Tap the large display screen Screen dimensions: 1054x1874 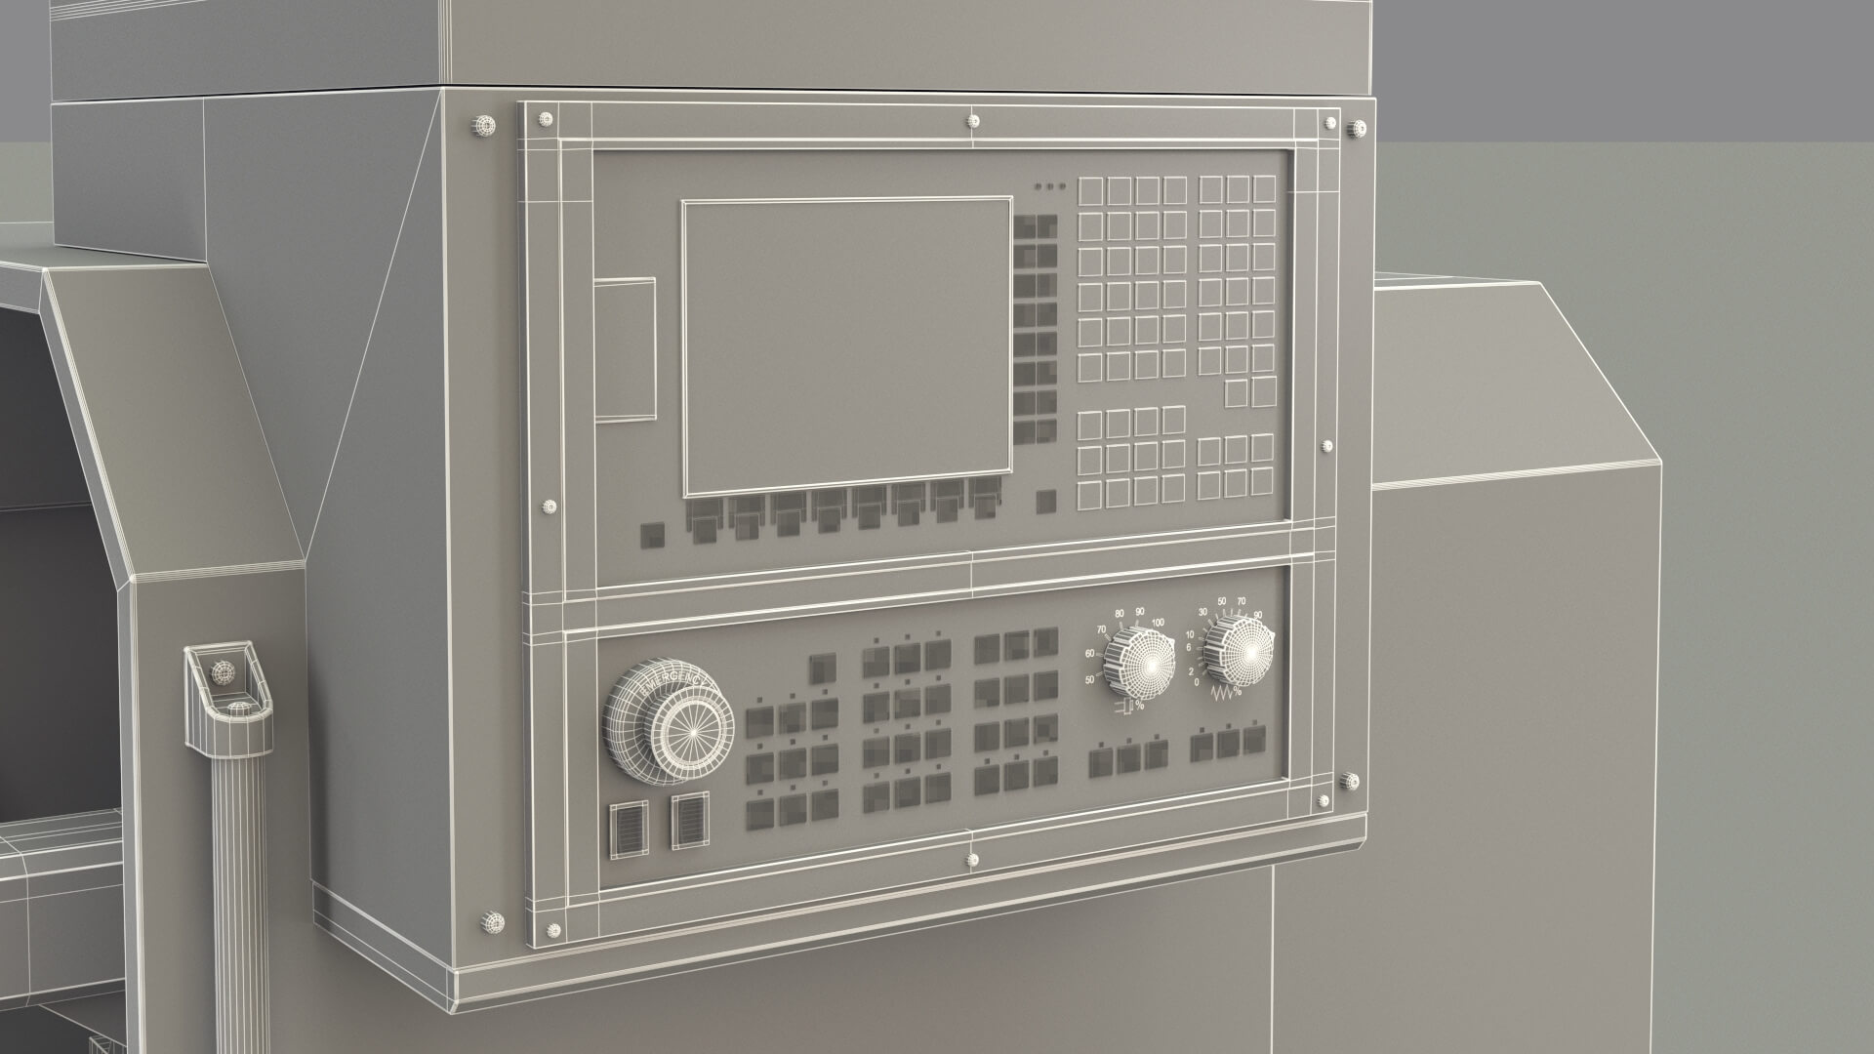[x=846, y=346]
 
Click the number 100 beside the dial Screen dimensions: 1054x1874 [x=1159, y=622]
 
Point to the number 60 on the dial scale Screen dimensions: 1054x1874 [x=1090, y=654]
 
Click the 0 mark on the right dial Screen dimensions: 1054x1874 [x=1197, y=682]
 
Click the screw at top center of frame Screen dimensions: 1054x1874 [x=973, y=121]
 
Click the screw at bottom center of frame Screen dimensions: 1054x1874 [x=972, y=860]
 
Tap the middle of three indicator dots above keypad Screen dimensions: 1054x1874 [x=1049, y=185]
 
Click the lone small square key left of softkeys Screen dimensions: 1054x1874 [x=650, y=534]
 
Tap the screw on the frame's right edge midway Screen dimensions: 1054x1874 [x=1325, y=446]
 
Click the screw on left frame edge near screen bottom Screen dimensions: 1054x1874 [x=549, y=507]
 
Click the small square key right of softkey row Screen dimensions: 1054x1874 [x=1045, y=500]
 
